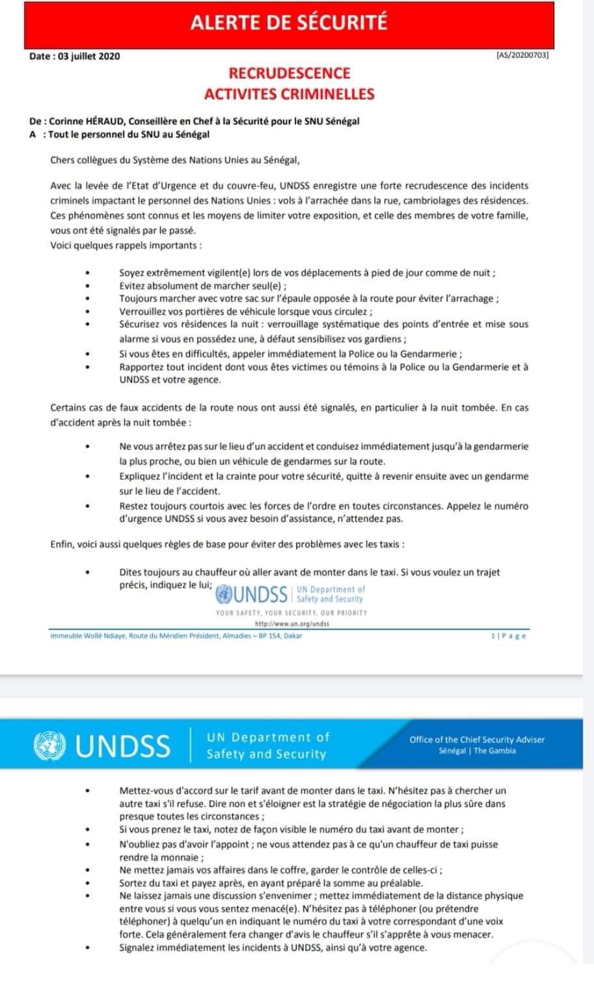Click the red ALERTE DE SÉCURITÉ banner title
point(289,22)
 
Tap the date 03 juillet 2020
point(89,56)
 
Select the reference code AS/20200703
point(522,56)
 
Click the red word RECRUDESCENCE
point(290,74)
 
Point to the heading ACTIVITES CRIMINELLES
point(290,94)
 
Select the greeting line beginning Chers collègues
point(175,160)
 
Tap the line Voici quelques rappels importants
point(126,245)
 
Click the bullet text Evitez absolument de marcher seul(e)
point(203,286)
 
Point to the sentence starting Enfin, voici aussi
point(231,544)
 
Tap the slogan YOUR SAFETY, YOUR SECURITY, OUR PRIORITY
point(291,613)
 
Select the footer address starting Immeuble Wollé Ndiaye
point(176,635)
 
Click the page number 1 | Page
point(509,635)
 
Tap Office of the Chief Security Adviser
point(477,740)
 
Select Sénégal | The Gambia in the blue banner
point(477,751)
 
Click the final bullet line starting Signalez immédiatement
point(273,947)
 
